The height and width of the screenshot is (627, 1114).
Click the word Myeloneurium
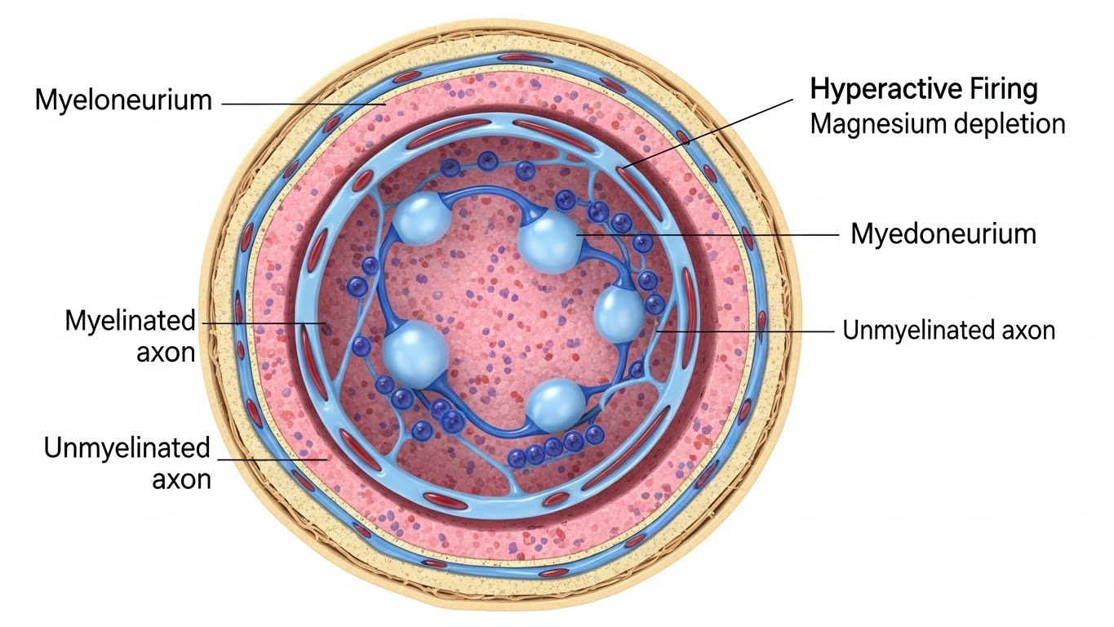[x=123, y=101]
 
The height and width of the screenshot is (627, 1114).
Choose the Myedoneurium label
[x=943, y=234]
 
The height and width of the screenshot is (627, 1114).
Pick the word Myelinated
[x=131, y=321]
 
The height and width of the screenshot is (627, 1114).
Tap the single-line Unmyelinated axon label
[x=948, y=331]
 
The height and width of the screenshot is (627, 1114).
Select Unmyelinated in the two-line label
[x=126, y=448]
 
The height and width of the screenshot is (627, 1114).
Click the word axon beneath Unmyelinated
[x=181, y=478]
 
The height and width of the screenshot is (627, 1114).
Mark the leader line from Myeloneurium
[x=302, y=104]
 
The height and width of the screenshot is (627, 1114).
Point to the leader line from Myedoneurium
[x=710, y=234]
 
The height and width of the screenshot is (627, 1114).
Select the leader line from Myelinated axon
[x=261, y=324]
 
